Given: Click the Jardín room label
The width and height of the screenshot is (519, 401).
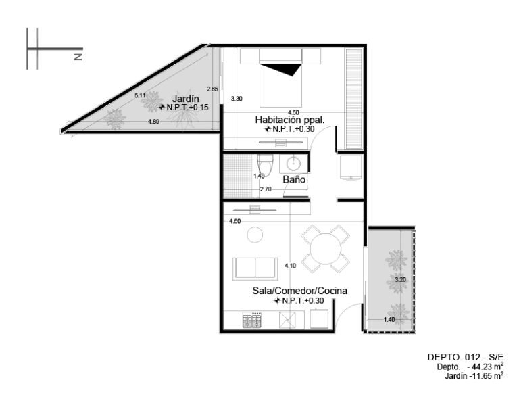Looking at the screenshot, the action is coord(186,99).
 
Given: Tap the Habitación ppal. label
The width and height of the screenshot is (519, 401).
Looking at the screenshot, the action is coord(290,120).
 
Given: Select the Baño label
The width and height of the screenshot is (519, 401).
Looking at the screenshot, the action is coord(294,179).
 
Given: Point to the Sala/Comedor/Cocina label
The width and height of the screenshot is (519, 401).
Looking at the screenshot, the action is coord(300,291).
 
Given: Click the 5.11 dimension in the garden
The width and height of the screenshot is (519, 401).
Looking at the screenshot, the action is coord(140,95).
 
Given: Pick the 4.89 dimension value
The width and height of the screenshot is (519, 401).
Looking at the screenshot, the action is coord(153,122).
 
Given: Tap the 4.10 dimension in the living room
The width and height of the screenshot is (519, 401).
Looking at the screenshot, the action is coord(291,266).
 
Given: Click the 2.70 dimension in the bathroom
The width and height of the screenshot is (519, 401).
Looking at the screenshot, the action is coord(266,189).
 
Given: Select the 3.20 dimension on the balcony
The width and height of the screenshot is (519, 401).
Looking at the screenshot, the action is coord(401,279).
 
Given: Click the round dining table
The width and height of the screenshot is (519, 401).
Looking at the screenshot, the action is coord(326,249).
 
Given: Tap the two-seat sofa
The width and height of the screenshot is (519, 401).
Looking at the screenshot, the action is coord(255,268).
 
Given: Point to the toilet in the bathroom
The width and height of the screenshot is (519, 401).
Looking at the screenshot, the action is coord(266,166).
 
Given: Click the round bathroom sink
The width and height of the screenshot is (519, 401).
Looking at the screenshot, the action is coord(293,164).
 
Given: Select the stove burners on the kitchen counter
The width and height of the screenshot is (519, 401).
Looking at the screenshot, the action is coord(252,320).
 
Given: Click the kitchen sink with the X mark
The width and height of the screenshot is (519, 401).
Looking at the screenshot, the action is coord(287,321).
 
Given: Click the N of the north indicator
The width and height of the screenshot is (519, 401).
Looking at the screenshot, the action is coord(78,57).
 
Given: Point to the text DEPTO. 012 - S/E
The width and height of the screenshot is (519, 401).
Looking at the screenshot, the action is coord(466,357).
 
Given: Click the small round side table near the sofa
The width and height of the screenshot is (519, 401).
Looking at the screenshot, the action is coord(255,235).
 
